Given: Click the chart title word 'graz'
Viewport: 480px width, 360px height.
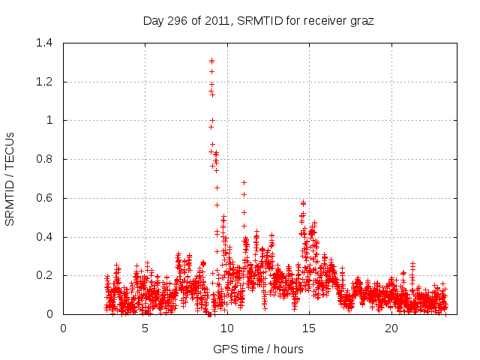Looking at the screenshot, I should [x=361, y=21].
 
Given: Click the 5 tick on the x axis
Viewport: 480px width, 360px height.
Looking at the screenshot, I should [x=145, y=328].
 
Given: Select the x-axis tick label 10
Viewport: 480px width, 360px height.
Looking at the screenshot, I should [x=227, y=328].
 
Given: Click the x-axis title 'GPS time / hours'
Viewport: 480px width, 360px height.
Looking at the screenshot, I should [x=258, y=349].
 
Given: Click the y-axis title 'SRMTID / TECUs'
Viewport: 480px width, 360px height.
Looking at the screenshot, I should [x=10, y=178].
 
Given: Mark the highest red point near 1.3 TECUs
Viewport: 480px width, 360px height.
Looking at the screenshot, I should [x=211, y=61].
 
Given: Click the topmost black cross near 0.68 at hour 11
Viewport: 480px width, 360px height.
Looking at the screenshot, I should [x=244, y=182].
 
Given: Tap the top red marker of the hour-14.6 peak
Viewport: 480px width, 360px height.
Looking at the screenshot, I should [x=303, y=202].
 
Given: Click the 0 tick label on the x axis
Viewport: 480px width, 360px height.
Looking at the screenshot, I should [x=64, y=328].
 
